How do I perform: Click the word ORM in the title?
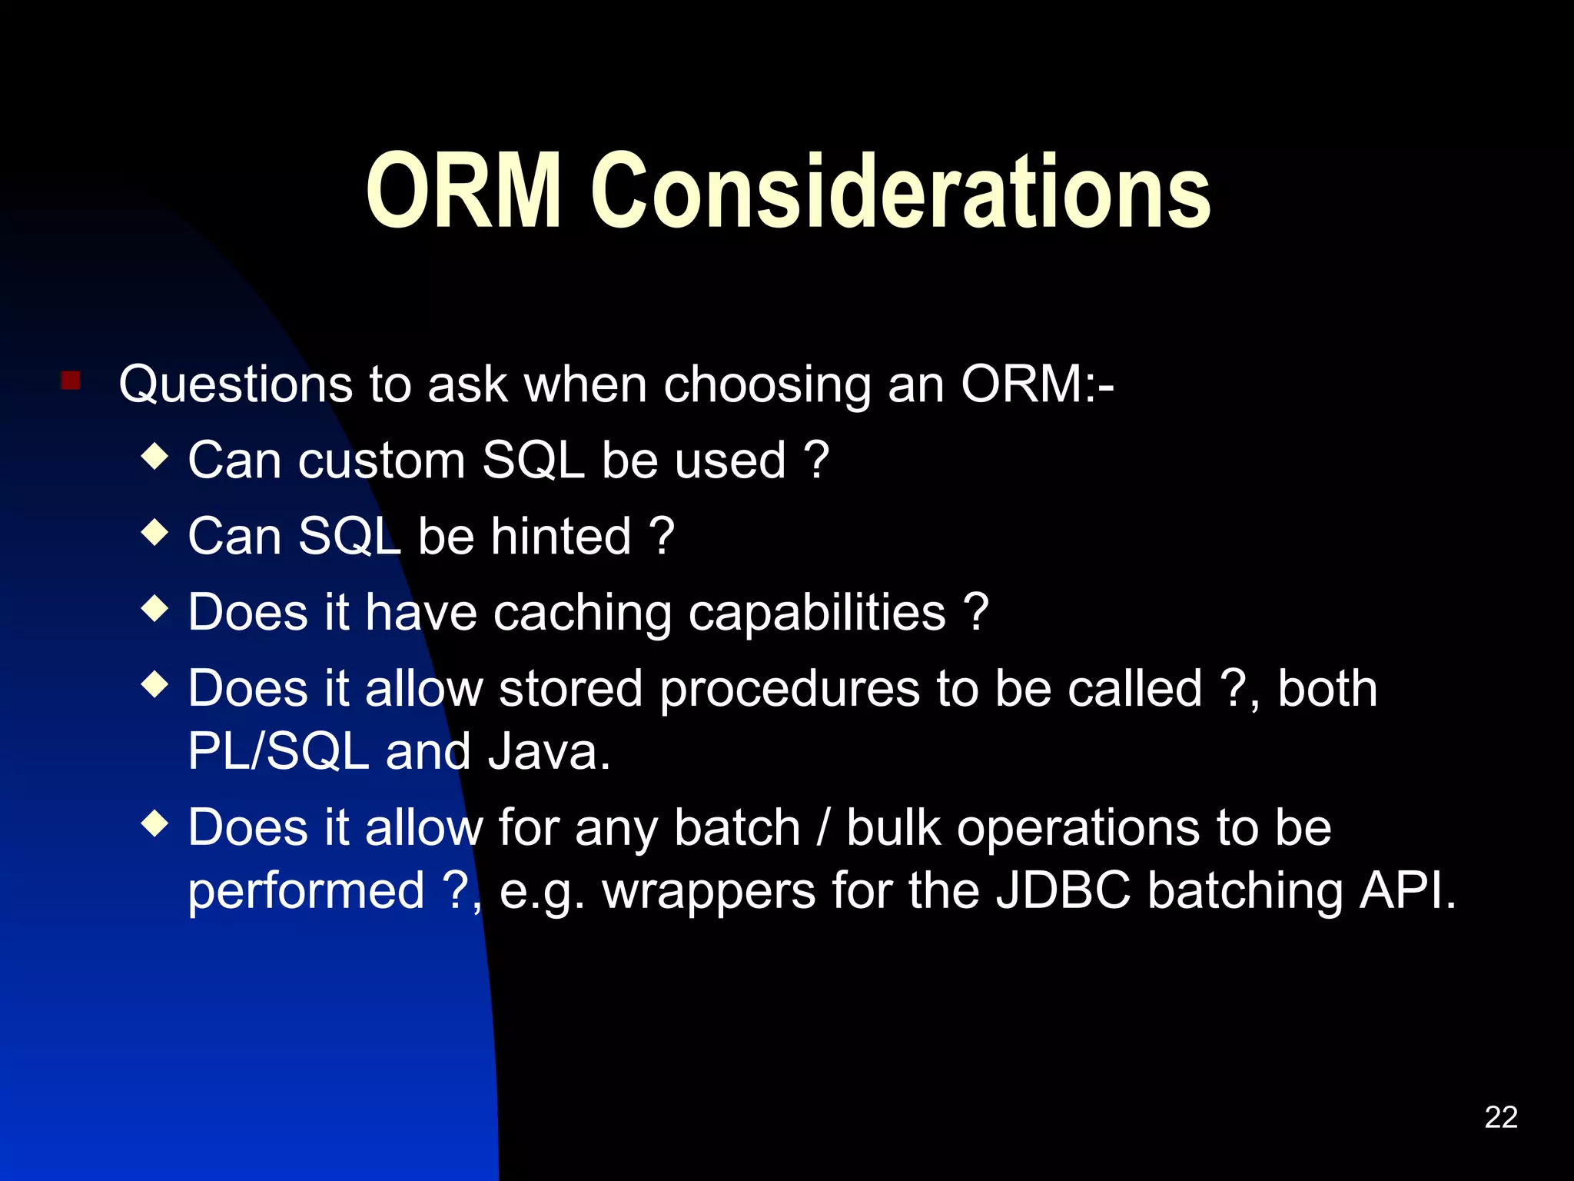click(463, 191)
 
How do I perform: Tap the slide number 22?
click(1501, 1117)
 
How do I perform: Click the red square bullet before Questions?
click(71, 381)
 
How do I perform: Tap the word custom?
click(381, 461)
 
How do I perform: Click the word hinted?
click(561, 536)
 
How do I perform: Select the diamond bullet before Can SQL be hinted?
click(155, 532)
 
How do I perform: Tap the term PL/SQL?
click(278, 751)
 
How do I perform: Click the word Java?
click(549, 751)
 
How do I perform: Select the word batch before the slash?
click(737, 828)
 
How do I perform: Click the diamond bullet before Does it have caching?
click(155, 608)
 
